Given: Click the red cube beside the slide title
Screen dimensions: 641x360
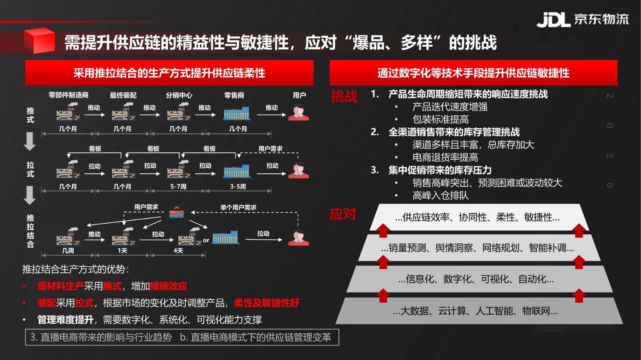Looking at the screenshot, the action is point(40,40).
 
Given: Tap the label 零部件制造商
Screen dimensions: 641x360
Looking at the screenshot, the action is point(69,95).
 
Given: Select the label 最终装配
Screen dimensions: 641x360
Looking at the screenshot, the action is point(123,95).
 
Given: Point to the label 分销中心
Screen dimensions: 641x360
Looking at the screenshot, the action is point(179,95).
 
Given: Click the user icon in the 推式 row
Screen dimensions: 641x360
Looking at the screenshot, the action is point(298,113).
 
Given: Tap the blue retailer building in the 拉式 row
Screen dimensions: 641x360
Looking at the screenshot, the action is point(237,171).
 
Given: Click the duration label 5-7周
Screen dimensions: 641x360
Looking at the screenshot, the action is point(178,187).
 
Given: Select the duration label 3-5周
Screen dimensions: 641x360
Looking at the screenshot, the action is point(238,187).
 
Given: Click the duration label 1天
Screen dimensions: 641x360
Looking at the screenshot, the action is point(123,251).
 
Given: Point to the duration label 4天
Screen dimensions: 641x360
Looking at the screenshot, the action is point(178,251).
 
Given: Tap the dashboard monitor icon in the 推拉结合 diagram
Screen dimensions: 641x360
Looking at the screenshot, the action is point(177,213).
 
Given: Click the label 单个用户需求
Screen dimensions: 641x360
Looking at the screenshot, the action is point(238,207).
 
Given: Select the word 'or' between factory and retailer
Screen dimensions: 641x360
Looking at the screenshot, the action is point(206,241).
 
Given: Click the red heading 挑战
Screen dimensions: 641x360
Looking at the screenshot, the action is point(344,96).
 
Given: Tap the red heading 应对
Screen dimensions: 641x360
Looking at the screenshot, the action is point(343,214).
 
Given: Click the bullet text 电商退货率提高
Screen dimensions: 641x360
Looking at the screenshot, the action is point(445,157).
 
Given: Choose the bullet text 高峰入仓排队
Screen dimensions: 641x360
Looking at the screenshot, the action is point(441,195).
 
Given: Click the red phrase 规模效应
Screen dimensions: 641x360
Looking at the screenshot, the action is point(169,286).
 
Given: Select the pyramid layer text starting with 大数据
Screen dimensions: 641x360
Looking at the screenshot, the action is point(475,311).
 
